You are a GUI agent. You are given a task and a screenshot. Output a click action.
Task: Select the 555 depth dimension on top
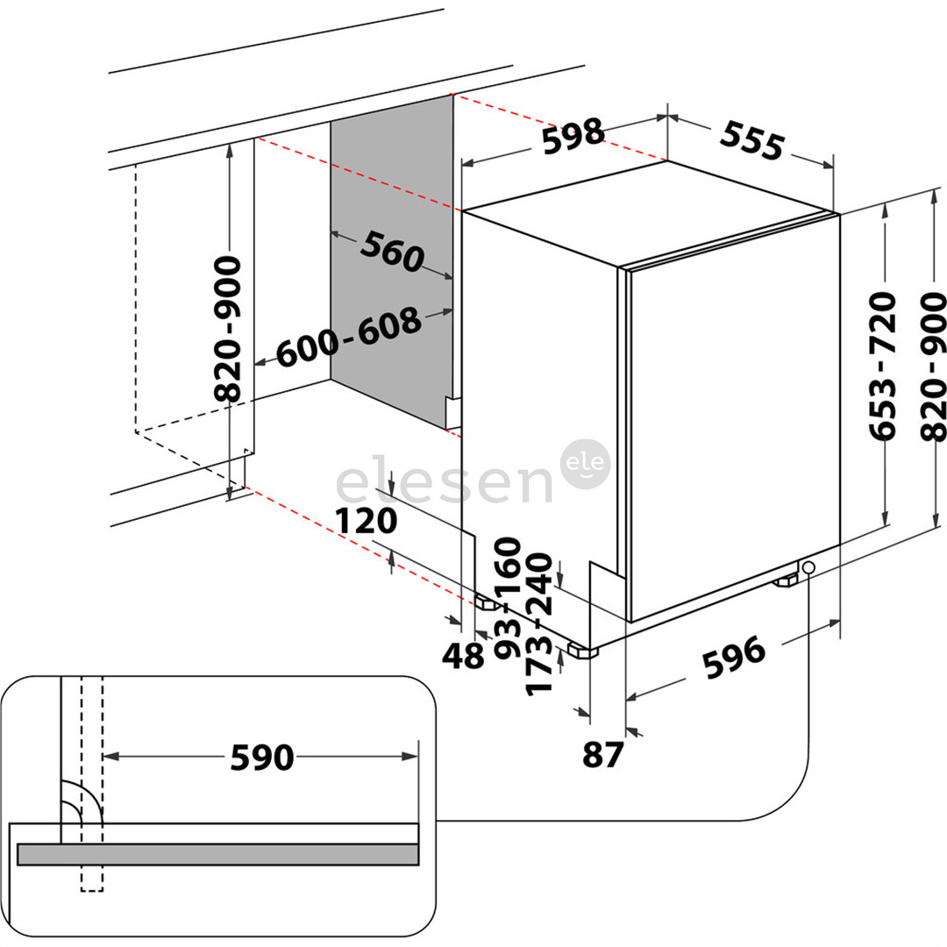point(751,139)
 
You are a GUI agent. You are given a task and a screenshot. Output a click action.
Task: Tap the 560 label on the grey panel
point(391,253)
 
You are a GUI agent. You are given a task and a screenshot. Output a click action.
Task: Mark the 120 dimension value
point(367,522)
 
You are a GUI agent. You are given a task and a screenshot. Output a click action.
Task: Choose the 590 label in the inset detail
point(261,757)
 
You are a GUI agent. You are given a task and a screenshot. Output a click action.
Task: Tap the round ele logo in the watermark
point(584,464)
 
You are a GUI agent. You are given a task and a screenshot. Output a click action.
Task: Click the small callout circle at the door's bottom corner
point(807,567)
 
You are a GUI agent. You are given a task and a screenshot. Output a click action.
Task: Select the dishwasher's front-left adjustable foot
point(580,651)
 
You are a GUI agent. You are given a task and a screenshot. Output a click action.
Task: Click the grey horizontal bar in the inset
point(217,853)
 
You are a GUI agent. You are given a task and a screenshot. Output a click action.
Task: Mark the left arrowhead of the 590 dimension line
point(110,756)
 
